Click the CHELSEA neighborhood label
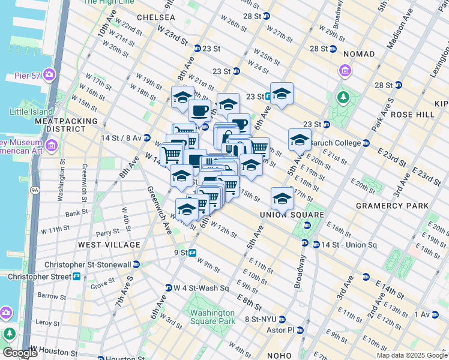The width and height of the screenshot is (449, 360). (155, 17)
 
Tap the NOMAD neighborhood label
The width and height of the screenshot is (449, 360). (358, 54)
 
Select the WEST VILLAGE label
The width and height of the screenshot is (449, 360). (109, 245)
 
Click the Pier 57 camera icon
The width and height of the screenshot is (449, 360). (49, 76)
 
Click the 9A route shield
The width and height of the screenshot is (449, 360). (35, 190)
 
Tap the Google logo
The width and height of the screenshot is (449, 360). (20, 353)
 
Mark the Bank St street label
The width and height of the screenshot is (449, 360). (77, 213)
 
